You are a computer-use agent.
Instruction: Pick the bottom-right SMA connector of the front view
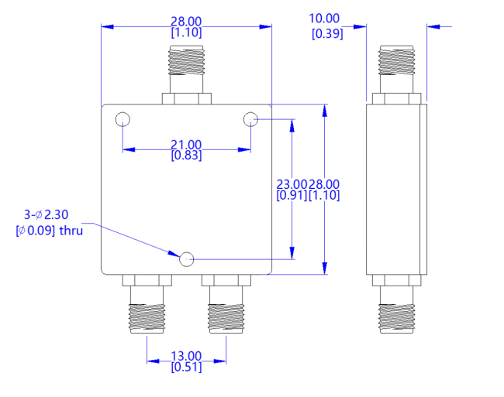click(x=226, y=306)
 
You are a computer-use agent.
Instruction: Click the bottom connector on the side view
click(x=396, y=306)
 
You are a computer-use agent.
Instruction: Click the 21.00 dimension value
click(x=186, y=145)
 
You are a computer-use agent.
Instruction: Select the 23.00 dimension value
click(x=292, y=184)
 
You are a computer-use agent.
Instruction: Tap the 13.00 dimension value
click(x=186, y=357)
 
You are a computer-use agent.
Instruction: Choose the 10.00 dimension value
click(x=324, y=19)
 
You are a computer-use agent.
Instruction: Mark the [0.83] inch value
click(x=186, y=156)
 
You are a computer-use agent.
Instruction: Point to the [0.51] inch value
click(x=186, y=368)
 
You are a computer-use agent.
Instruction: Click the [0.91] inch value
click(x=291, y=196)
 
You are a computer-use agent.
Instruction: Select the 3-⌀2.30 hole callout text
click(x=49, y=214)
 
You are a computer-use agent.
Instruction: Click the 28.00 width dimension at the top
click(x=186, y=22)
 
